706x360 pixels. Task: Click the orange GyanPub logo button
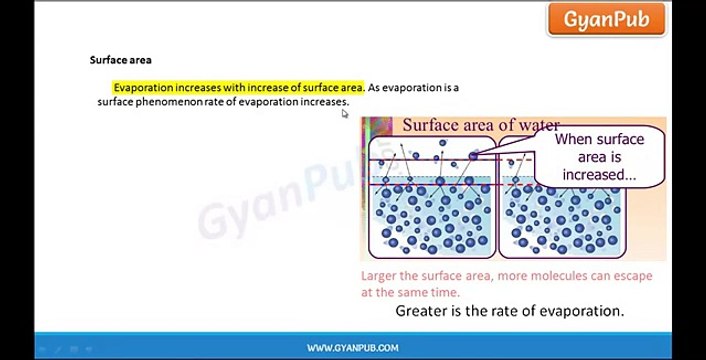[605, 19]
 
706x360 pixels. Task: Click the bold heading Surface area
[121, 60]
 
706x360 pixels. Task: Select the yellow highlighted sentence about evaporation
[238, 88]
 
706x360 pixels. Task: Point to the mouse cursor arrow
[345, 113]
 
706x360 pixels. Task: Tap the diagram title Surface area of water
[480, 125]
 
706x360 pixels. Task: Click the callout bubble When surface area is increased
[600, 157]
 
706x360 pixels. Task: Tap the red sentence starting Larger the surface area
[500, 276]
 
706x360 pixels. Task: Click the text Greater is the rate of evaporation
[509, 311]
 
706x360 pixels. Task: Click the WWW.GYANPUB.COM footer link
[352, 348]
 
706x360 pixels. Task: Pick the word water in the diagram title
[536, 125]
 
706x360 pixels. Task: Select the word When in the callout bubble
[574, 140]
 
